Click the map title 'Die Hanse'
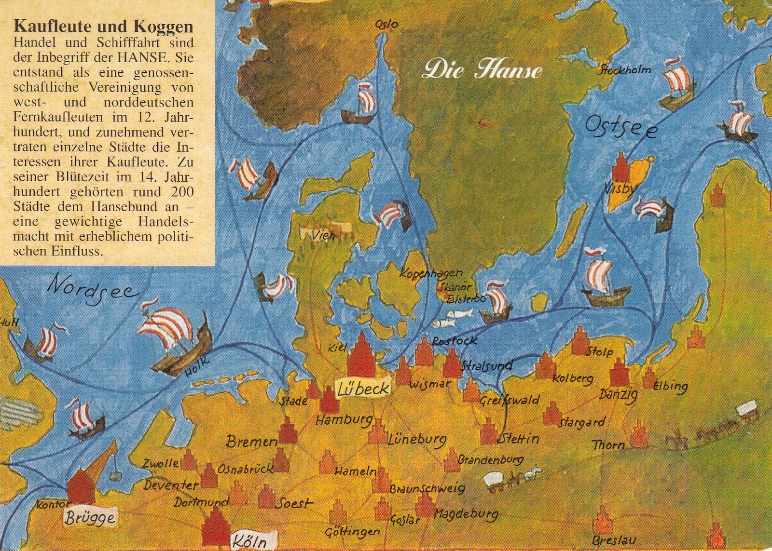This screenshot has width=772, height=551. pyautogui.click(x=482, y=70)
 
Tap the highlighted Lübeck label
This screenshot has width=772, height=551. pyautogui.click(x=363, y=389)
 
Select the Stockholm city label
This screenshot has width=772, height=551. pyautogui.click(x=624, y=70)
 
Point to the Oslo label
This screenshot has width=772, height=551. pyautogui.click(x=386, y=24)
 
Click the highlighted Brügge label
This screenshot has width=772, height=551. pyautogui.click(x=90, y=517)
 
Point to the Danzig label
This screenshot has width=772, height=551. pyautogui.click(x=618, y=394)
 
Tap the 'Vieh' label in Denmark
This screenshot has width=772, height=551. pyautogui.click(x=323, y=236)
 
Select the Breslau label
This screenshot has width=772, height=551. pyautogui.click(x=613, y=540)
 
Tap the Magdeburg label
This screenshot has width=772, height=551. pyautogui.click(x=466, y=514)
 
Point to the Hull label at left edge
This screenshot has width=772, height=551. pyautogui.click(x=8, y=323)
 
